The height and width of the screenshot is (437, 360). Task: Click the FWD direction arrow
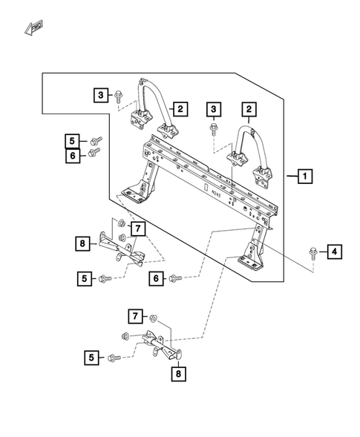tap(33, 30)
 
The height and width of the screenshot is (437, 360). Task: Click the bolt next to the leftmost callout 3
tap(119, 94)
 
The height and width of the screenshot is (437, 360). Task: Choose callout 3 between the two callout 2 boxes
tap(213, 110)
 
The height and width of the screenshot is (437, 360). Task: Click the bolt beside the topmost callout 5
tap(94, 139)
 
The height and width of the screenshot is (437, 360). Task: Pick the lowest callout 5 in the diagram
tap(92, 358)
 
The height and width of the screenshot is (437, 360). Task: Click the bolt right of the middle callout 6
tap(176, 278)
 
